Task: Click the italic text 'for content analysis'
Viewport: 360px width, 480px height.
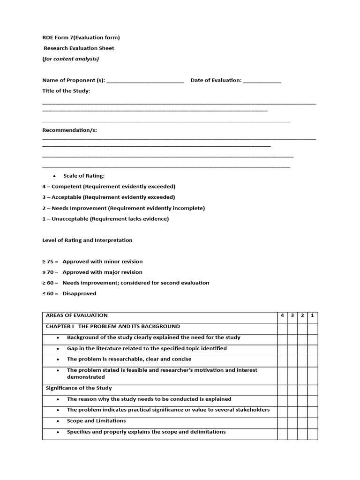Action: (x=71, y=59)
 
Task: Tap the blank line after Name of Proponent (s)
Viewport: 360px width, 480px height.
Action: (x=145, y=81)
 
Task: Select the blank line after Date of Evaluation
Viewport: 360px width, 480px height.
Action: (x=262, y=81)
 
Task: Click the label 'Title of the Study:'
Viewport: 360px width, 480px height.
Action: (x=66, y=90)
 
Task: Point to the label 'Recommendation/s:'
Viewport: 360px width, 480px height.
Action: (x=69, y=130)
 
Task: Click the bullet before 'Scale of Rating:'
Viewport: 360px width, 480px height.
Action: (x=54, y=176)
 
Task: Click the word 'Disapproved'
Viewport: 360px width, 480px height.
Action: (x=79, y=293)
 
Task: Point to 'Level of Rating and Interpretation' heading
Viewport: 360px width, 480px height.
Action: (x=87, y=240)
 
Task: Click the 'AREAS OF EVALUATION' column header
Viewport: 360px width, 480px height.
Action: (x=77, y=315)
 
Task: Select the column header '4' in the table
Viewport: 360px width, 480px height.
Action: (x=282, y=315)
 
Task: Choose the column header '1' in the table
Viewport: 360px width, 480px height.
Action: (x=312, y=315)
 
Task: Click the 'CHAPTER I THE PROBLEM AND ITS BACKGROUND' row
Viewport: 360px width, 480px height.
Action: (x=112, y=326)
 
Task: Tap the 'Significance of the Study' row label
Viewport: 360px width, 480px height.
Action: (x=79, y=388)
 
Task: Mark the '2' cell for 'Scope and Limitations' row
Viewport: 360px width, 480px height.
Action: (x=302, y=421)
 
